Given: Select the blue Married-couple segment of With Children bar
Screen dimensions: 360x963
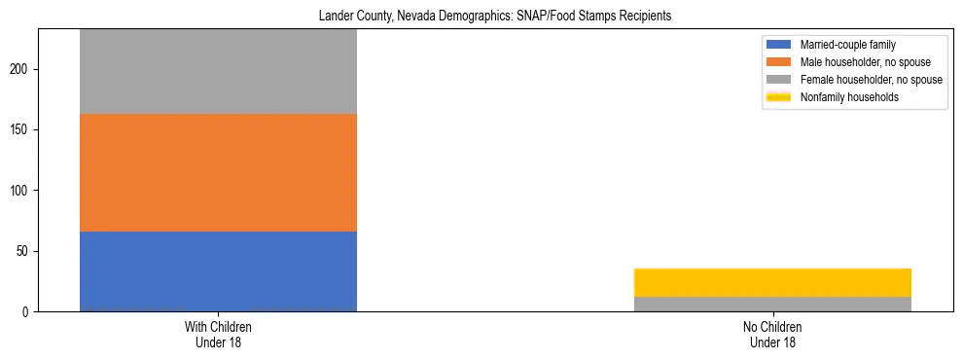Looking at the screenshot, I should pyautogui.click(x=218, y=270).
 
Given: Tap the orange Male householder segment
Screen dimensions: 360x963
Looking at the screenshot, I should pyautogui.click(x=218, y=172).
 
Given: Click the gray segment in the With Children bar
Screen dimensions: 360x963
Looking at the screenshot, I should pyautogui.click(x=218, y=71).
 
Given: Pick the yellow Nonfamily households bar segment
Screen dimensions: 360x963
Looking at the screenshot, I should pyautogui.click(x=772, y=282).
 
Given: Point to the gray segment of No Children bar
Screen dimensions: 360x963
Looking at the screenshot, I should pyautogui.click(x=772, y=304).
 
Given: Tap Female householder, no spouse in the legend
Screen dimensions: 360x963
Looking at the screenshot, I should pyautogui.click(x=871, y=80).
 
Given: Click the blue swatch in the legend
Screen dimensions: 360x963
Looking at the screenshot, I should pyautogui.click(x=779, y=45).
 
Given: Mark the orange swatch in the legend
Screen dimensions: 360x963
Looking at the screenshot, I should pyautogui.click(x=779, y=62).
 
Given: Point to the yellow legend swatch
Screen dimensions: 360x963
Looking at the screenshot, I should pyautogui.click(x=779, y=97).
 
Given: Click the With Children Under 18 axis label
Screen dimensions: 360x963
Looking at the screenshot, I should pyautogui.click(x=218, y=335).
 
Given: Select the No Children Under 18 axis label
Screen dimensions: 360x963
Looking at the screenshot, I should pyautogui.click(x=772, y=335).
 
